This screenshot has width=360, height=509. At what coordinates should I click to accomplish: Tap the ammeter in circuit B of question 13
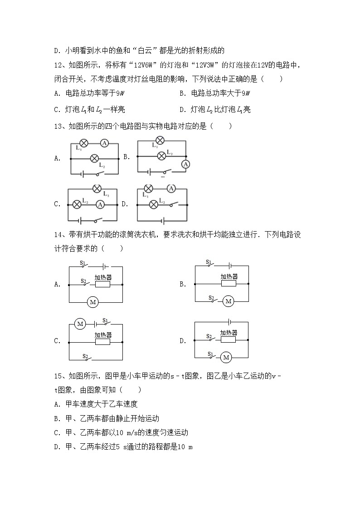pos(185,165)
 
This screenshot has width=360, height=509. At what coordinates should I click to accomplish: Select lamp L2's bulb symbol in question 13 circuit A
pos(94,158)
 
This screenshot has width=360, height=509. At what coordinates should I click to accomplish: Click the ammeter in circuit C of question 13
pos(101,204)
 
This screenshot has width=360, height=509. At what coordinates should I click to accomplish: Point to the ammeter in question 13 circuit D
pos(171,189)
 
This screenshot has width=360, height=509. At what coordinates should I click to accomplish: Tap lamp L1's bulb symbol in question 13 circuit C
pos(97,189)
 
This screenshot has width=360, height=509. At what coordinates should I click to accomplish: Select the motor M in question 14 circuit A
pos(92,302)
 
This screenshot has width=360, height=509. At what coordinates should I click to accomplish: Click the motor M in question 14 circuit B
pos(228,301)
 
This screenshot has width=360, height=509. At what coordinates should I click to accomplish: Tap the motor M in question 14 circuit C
pos(81,324)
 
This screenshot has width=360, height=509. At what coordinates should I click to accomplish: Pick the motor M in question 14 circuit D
pos(226,358)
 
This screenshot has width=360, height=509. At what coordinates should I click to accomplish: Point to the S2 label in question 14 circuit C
pos(85,356)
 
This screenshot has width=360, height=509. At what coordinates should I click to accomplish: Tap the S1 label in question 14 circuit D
pos(210,354)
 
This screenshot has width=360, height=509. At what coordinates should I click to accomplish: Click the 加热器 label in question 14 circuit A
pos(103,277)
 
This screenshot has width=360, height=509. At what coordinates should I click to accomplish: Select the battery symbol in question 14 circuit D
pos(230,322)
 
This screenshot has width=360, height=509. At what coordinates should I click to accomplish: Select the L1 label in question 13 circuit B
pos(155,146)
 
